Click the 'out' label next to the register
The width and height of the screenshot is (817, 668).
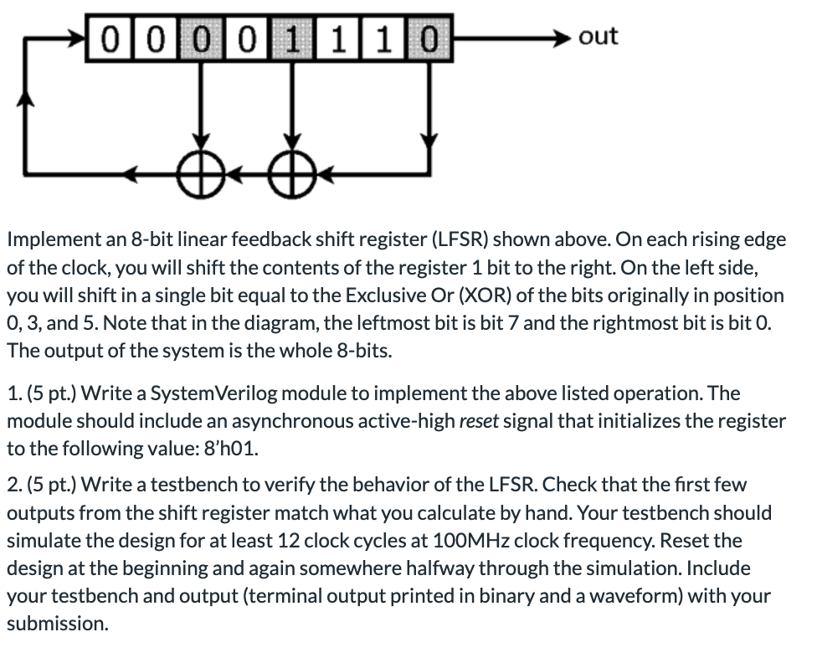(599, 36)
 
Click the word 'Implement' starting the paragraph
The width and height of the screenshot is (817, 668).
(47, 239)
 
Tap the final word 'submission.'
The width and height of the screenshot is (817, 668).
(58, 624)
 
